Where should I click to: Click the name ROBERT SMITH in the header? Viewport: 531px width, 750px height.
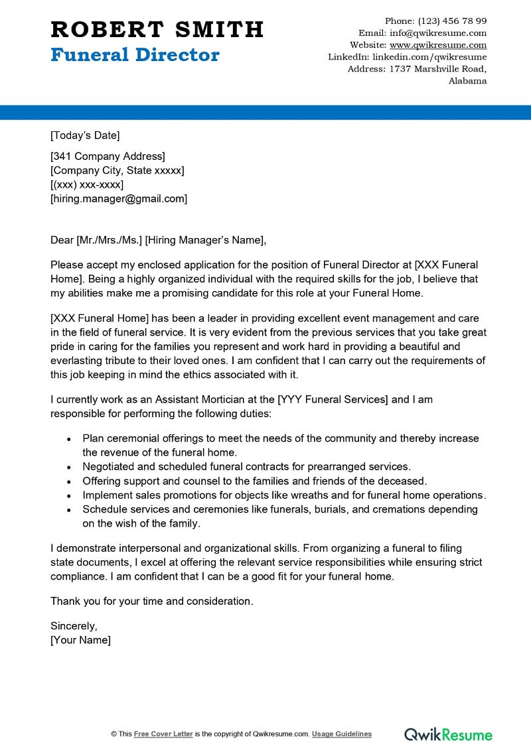coord(157,29)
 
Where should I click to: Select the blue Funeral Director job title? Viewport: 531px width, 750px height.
coord(135,54)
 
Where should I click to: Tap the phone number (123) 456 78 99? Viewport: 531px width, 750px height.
coord(452,21)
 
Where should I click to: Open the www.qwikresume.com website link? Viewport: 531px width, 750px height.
coord(437,45)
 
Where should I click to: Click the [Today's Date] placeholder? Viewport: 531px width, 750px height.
coord(85,136)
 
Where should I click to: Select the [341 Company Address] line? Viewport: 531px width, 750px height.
coord(108,156)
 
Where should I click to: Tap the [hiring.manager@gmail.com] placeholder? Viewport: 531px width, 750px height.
coord(119,198)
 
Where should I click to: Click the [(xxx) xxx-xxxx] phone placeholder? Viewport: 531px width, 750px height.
coord(87,184)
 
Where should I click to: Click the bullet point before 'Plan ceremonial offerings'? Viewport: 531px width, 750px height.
coord(70,439)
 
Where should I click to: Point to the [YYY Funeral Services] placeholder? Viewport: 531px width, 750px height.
coord(333,399)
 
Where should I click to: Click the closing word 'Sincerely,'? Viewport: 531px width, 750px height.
coord(74,626)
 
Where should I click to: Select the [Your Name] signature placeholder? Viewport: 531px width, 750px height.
coord(80,640)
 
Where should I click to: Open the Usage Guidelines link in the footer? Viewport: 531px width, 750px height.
coord(342,734)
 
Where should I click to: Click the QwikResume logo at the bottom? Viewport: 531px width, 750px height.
coord(449,734)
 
